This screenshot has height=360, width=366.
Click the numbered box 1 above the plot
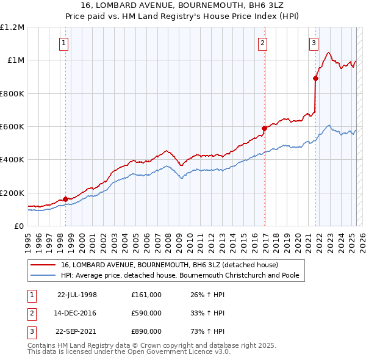(64, 43)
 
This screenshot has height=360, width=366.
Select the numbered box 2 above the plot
(262, 43)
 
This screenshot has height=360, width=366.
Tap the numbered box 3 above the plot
(313, 43)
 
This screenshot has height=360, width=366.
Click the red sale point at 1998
(65, 199)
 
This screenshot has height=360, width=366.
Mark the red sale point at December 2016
(264, 128)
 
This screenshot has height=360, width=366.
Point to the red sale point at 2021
(316, 78)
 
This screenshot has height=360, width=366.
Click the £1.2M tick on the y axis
(12, 27)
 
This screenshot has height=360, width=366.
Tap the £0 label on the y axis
(19, 226)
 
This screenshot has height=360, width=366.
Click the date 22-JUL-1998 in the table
(77, 295)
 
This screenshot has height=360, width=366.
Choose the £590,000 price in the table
(146, 313)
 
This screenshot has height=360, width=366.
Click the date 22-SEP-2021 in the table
(77, 331)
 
